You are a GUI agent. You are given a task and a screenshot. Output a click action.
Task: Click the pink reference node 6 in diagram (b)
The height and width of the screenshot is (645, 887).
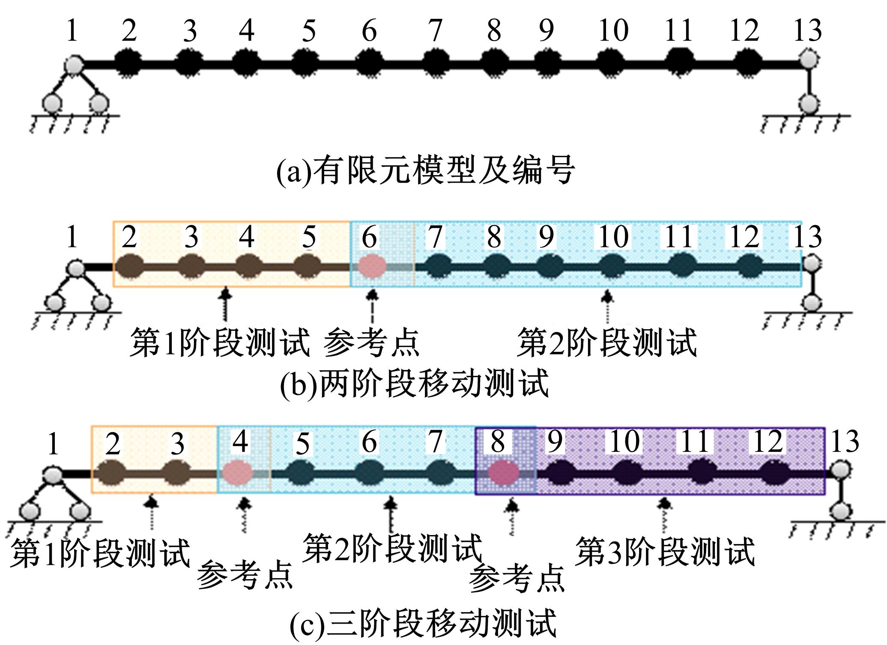[x=372, y=266]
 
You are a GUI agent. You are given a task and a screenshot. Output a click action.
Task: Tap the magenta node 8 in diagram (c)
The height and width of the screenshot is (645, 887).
[x=504, y=473]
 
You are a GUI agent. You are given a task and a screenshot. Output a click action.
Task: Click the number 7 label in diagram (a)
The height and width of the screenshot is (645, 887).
[x=435, y=31]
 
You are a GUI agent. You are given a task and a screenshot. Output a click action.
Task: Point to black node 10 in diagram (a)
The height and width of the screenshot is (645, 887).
[x=610, y=64]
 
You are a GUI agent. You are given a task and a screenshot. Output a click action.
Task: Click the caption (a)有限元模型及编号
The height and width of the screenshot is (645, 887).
[x=425, y=170]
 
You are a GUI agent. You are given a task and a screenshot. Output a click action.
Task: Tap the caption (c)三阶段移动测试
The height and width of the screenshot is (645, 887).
[x=423, y=623]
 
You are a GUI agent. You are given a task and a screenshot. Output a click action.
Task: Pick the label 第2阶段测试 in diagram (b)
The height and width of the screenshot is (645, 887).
[x=607, y=342]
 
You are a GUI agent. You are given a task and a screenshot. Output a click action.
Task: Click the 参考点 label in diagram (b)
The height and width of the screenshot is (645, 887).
[x=371, y=342]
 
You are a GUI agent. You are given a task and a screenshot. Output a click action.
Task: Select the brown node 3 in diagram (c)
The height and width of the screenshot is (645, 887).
[x=177, y=473]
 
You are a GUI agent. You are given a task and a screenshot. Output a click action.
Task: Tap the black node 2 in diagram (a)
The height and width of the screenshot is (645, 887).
[x=128, y=64]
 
